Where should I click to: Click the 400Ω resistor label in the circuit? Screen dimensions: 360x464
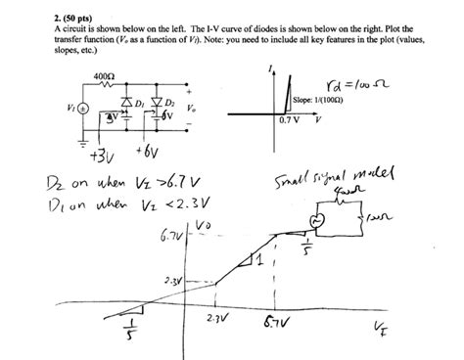click(104, 75)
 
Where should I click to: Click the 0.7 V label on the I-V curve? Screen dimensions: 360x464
click(288, 120)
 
